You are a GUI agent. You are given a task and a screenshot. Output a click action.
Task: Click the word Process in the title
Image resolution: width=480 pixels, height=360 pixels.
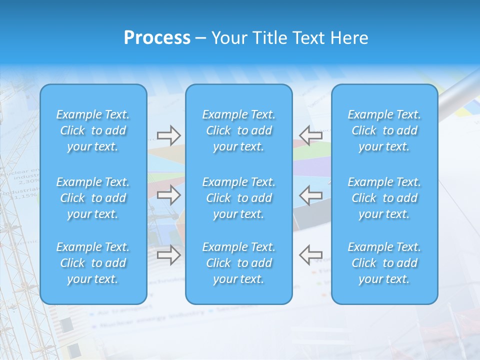[157, 38]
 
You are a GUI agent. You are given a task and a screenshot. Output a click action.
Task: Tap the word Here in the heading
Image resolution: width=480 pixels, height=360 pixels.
[349, 38]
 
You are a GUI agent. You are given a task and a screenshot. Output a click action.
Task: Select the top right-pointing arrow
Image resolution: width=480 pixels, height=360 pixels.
[168, 135]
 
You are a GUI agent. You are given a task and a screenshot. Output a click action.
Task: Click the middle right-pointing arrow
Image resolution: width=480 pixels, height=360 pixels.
[168, 195]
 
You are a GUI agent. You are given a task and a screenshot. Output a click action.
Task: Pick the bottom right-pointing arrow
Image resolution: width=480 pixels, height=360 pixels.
[168, 255]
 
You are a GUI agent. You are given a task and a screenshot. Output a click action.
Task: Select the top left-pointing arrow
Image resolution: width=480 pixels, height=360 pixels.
[310, 135]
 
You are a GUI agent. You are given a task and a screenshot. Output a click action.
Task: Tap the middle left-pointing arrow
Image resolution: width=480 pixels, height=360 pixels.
[310, 195]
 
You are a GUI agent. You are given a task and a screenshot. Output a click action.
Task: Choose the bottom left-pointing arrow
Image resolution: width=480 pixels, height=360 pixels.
[310, 255]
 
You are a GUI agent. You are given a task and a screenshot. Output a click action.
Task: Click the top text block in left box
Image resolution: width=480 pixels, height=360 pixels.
[93, 130]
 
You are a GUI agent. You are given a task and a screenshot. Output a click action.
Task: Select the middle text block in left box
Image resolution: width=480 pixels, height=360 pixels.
[93, 198]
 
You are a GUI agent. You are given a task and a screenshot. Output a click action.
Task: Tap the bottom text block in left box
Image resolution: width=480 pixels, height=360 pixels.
[93, 263]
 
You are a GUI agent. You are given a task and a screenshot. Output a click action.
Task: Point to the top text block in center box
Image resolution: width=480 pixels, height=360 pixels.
[239, 130]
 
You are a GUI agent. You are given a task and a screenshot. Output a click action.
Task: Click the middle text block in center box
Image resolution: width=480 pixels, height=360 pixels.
[239, 198]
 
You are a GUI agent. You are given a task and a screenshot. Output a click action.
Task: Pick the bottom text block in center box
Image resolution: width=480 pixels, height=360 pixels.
[239, 263]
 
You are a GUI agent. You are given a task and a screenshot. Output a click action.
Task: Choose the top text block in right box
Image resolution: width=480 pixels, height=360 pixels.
[384, 130]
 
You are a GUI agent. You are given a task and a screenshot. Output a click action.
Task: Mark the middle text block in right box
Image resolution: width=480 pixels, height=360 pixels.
[384, 198]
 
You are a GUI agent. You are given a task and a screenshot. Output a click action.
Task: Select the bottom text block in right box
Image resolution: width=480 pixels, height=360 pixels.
[384, 263]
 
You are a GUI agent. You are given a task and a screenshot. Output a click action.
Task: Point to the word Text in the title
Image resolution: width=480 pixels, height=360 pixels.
[309, 38]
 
